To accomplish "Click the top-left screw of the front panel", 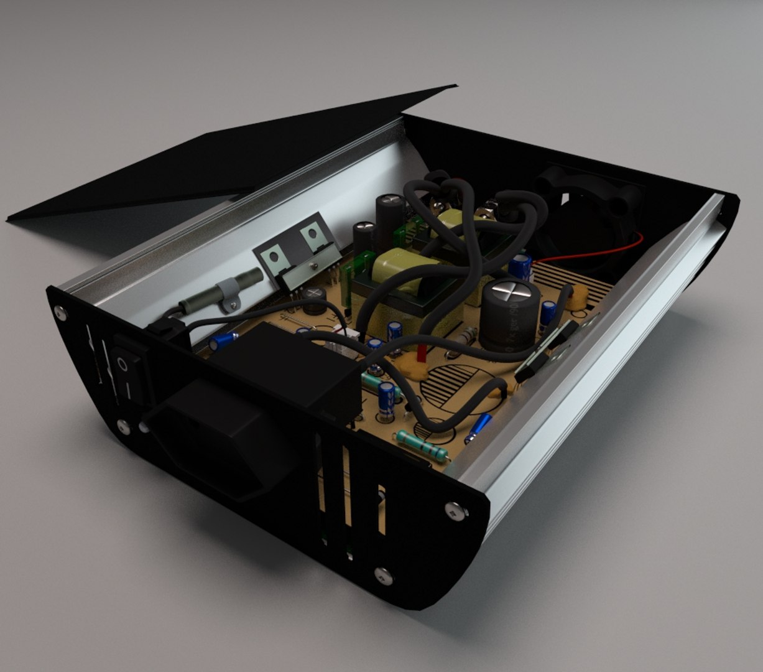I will (61, 312).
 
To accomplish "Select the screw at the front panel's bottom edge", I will (382, 576).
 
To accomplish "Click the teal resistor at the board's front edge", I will (422, 444).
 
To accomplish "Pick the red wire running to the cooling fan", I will (597, 253).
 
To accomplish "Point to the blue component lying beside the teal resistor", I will (478, 427).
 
